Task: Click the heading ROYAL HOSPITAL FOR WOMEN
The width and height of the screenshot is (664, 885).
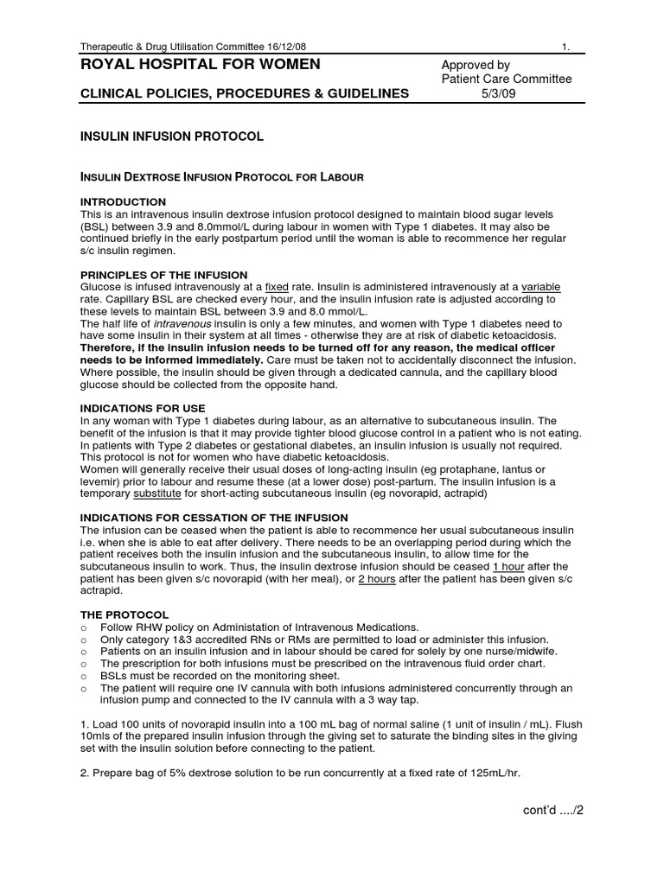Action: (200, 65)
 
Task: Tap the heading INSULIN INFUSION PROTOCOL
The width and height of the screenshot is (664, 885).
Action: (171, 137)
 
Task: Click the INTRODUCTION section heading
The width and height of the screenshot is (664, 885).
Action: (123, 201)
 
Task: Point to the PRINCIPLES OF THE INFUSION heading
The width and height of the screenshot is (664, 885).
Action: (163, 275)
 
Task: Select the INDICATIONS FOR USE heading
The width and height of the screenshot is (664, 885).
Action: (143, 407)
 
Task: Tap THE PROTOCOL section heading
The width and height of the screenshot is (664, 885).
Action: (124, 614)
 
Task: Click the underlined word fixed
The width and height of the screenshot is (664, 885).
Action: (277, 287)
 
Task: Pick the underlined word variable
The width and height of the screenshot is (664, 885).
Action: (547, 287)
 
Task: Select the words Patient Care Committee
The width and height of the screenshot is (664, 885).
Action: (505, 80)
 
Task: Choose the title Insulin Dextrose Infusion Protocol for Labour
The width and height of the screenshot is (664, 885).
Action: (221, 177)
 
